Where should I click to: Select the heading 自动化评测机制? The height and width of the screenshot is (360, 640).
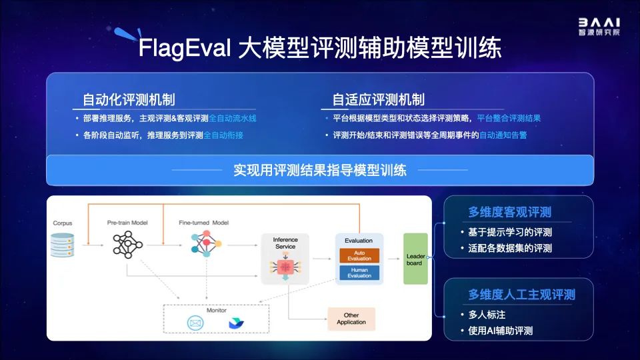(x=129, y=99)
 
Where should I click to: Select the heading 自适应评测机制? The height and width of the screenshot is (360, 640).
(x=378, y=99)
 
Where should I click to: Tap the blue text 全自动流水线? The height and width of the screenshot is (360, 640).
(x=233, y=119)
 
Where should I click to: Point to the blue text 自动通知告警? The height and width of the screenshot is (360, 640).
(x=503, y=135)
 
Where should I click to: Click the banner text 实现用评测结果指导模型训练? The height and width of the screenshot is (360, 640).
(x=319, y=169)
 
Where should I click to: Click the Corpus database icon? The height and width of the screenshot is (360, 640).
(x=63, y=245)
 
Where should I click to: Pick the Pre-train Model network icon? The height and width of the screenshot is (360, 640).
(x=127, y=245)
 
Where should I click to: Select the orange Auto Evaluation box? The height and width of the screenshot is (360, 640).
(x=359, y=255)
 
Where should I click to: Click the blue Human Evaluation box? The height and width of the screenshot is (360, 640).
(x=359, y=272)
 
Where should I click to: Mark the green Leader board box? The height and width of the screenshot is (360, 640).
(x=415, y=259)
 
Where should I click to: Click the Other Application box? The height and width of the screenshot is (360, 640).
(x=351, y=319)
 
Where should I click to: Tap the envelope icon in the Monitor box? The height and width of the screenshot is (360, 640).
(x=195, y=323)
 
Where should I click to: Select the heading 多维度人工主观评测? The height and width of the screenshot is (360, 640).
(x=521, y=294)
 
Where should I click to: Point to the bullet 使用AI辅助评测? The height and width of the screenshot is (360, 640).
(x=501, y=330)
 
